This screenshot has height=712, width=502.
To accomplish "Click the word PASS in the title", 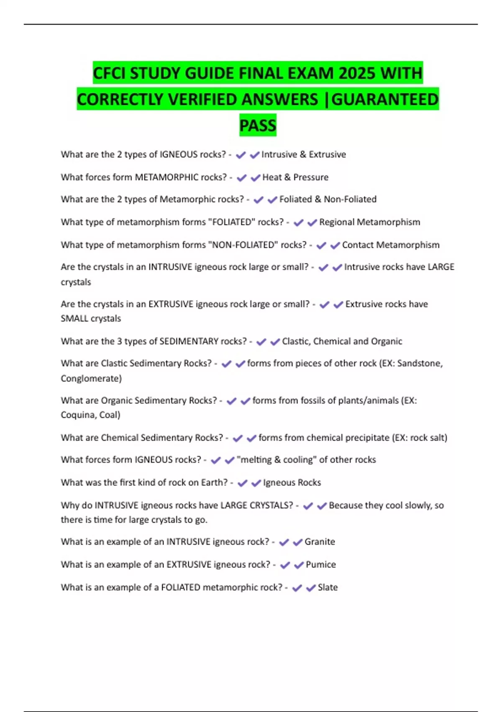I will pos(258,125).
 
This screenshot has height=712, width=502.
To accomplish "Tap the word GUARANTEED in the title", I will pos(385,99).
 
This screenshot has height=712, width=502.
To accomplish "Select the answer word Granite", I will pos(320,542).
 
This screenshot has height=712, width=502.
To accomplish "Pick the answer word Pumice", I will pos(320,565).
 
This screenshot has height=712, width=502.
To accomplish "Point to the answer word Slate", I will pos(328,588).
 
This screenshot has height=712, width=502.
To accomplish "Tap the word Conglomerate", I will pos(91,379).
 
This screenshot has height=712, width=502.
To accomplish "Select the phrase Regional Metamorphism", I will pos(369,222).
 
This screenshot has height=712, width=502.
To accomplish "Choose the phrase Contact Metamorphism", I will pos(391,245).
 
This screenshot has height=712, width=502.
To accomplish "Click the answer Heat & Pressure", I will pos(295,178).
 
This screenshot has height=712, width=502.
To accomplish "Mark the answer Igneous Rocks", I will pos(292,482).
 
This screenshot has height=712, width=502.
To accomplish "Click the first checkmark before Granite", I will pos(284,542).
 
